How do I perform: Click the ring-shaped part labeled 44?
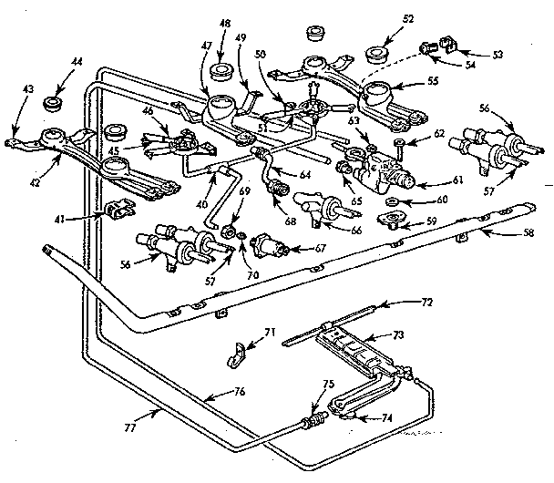53,96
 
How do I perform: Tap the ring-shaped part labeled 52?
376,53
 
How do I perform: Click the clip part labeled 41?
116,211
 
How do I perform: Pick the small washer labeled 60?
391,200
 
